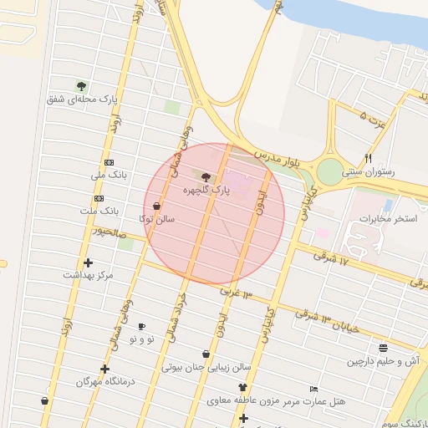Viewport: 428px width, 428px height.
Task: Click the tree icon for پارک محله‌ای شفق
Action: pos(81,85)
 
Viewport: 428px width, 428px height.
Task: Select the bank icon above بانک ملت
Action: pos(99,198)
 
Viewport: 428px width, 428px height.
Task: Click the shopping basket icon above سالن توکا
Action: pos(157,206)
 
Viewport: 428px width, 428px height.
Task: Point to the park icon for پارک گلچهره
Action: pos(206,176)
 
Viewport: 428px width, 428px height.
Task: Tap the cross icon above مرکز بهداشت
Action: pos(89,262)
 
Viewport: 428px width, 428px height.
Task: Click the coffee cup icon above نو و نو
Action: pos(141,326)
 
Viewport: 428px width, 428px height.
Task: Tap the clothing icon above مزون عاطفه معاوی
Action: pos(243,388)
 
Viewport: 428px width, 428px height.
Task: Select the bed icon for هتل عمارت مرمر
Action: pos(313,389)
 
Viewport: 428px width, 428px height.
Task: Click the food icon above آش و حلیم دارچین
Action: pos(383,348)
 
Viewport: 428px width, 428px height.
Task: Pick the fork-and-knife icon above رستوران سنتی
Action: pos(368,158)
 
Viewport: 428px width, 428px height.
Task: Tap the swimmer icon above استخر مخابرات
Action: pos(387,204)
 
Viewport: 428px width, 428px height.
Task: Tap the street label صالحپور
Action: pos(110,230)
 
